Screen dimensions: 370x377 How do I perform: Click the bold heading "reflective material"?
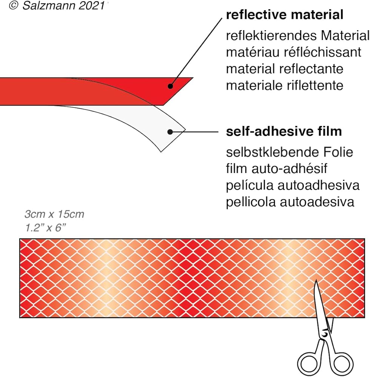(x=284, y=15)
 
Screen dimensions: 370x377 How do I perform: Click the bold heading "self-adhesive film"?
(x=284, y=132)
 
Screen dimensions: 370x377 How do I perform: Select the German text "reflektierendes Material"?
(x=298, y=36)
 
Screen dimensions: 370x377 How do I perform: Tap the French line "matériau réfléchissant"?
(x=293, y=52)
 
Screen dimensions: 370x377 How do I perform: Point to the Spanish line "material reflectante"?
(x=284, y=69)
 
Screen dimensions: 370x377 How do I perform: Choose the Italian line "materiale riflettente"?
(x=284, y=86)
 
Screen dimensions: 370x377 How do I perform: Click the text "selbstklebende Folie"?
(x=290, y=152)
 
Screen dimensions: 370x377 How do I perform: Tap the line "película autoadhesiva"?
(x=293, y=185)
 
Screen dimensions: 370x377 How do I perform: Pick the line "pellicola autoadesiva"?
(x=290, y=202)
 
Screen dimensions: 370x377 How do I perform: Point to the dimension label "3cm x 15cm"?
(x=54, y=215)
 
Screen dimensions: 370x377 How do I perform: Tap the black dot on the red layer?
(x=170, y=86)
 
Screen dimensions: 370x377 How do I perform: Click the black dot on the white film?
(x=170, y=132)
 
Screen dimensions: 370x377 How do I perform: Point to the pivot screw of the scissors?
(x=324, y=334)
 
